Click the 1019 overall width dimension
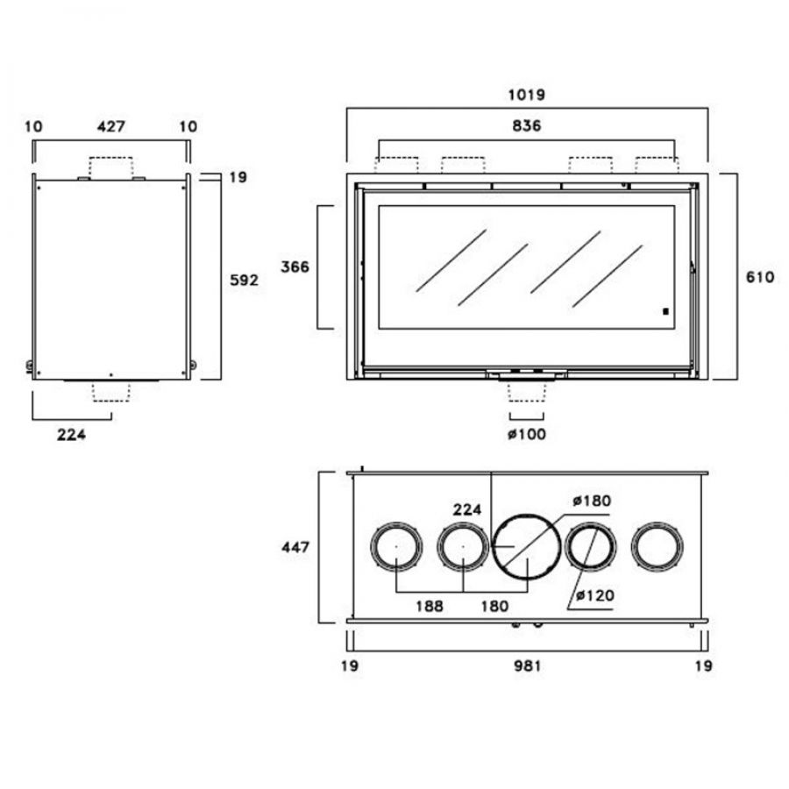tap(526, 95)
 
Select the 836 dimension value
tap(526, 125)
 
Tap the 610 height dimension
tap(760, 277)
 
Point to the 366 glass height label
tap(295, 267)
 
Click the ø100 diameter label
tap(527, 434)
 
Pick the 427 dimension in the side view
tap(111, 125)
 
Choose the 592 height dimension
tap(244, 280)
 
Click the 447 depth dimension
tap(295, 547)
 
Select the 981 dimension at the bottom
tap(527, 665)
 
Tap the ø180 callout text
tap(592, 501)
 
